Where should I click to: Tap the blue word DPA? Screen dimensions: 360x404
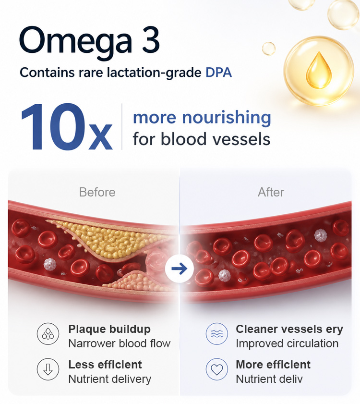click(218, 73)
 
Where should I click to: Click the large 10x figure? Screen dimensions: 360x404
click(66, 127)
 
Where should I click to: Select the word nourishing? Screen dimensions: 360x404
click(227, 118)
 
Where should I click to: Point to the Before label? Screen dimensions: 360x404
click(97, 192)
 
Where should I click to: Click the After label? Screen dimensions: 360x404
click(271, 192)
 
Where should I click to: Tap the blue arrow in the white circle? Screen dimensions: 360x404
click(179, 269)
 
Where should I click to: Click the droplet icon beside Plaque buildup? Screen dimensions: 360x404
click(48, 334)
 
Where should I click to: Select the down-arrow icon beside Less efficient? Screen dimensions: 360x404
click(48, 369)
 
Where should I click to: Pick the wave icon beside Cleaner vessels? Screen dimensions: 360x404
click(217, 334)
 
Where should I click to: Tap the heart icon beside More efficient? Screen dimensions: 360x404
click(217, 369)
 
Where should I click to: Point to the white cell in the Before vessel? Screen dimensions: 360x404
click(50, 264)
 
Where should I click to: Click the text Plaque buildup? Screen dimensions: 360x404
click(109, 330)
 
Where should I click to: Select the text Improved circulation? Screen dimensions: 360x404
click(287, 343)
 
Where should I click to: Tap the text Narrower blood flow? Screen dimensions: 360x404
click(120, 343)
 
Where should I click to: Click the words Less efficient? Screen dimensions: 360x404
click(105, 365)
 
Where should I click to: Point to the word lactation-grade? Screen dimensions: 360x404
click(154, 73)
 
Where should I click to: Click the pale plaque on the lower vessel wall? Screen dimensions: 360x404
click(136, 281)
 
